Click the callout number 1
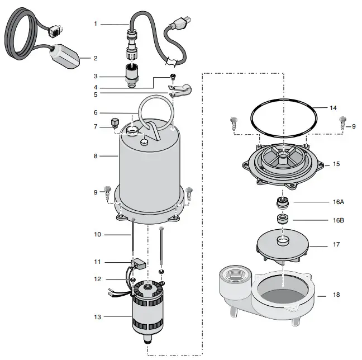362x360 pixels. pyautogui.click(x=96, y=23)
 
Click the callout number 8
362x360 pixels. pyautogui.click(x=96, y=156)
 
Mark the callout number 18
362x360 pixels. pyautogui.click(x=335, y=295)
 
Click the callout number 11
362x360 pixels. pyautogui.click(x=97, y=262)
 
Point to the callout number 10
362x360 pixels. pyautogui.click(x=97, y=234)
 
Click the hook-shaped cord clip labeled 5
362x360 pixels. pyautogui.click(x=180, y=89)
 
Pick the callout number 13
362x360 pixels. pyautogui.click(x=97, y=317)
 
